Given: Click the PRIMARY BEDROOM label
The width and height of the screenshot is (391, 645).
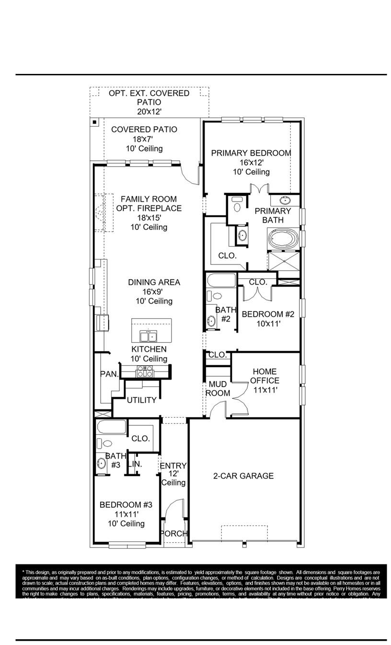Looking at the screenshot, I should click(251, 153).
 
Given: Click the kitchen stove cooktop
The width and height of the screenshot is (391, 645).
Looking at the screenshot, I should click(145, 371).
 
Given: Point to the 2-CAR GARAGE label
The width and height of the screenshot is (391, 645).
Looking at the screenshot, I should click(243, 476).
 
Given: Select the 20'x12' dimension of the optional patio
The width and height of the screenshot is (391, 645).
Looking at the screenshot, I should click(149, 111).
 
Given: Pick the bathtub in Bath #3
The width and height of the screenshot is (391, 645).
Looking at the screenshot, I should click(111, 427).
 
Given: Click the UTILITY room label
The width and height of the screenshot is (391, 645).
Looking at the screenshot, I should click(142, 400).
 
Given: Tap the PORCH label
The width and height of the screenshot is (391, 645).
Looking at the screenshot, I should click(173, 534).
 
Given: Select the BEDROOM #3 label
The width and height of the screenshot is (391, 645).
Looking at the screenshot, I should click(126, 505).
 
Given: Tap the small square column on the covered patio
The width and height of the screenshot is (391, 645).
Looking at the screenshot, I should click(95, 122).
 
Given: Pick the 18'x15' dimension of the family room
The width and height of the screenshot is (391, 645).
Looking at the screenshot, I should click(149, 217).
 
